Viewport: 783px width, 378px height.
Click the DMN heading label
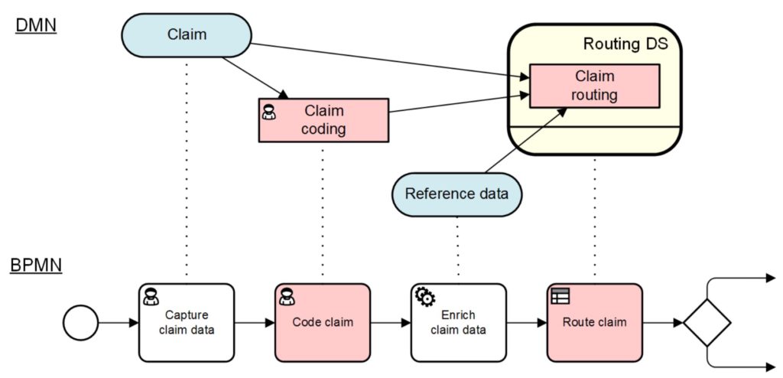click(34, 24)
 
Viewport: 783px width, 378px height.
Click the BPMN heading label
click(37, 265)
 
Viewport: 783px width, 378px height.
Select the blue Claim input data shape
click(187, 35)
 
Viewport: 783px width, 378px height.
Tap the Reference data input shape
click(457, 194)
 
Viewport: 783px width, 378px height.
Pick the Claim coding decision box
click(323, 120)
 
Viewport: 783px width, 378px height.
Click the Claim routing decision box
click(594, 86)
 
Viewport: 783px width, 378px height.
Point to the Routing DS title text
click(625, 44)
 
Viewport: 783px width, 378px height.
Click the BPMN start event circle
click(80, 322)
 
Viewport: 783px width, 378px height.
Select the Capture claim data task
click(187, 322)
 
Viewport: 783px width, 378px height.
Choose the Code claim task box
click(323, 322)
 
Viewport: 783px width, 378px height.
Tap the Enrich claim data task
click(459, 322)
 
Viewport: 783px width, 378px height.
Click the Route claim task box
click(594, 322)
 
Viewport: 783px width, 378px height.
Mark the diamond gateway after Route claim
click(707, 322)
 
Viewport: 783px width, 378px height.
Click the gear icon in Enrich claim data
click(425, 297)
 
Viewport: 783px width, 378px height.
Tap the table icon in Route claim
click(560, 296)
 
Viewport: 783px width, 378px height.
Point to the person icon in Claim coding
click(268, 112)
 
